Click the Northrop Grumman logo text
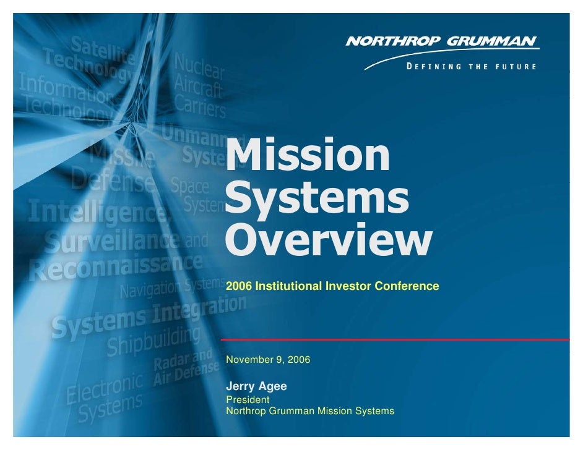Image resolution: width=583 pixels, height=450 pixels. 441,42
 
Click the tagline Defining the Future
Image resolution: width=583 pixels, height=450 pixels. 471,66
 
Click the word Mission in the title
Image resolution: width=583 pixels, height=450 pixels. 308,156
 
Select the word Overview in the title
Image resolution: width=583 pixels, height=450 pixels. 327,243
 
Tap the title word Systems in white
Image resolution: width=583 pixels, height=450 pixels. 317,199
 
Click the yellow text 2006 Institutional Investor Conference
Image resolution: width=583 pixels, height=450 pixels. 332,286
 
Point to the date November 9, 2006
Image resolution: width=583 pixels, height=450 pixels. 268,359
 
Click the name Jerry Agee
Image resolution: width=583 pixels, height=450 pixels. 256,386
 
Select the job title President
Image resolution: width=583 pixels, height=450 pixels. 248,400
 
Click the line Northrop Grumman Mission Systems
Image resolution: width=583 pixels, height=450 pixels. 309,410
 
